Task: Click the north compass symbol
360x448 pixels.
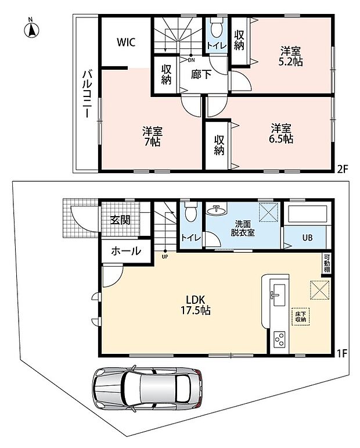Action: (x=31, y=28)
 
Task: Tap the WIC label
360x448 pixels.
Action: (x=125, y=42)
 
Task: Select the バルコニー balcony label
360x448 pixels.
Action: (x=87, y=94)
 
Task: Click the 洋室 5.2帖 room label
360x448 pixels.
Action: (x=290, y=57)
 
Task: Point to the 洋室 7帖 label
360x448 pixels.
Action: (x=153, y=137)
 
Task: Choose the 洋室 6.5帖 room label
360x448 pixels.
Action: (x=281, y=134)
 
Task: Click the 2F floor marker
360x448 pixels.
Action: (x=343, y=170)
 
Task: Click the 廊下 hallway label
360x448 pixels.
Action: (x=201, y=75)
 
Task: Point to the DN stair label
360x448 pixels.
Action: (x=191, y=60)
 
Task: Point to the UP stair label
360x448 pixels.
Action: (x=165, y=257)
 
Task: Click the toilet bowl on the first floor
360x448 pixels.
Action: (x=190, y=212)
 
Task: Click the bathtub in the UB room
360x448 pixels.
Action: (x=308, y=214)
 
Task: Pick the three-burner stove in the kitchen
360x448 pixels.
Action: (x=279, y=340)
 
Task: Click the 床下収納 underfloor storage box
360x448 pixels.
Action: (x=301, y=317)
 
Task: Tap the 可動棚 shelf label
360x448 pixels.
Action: (x=327, y=263)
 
